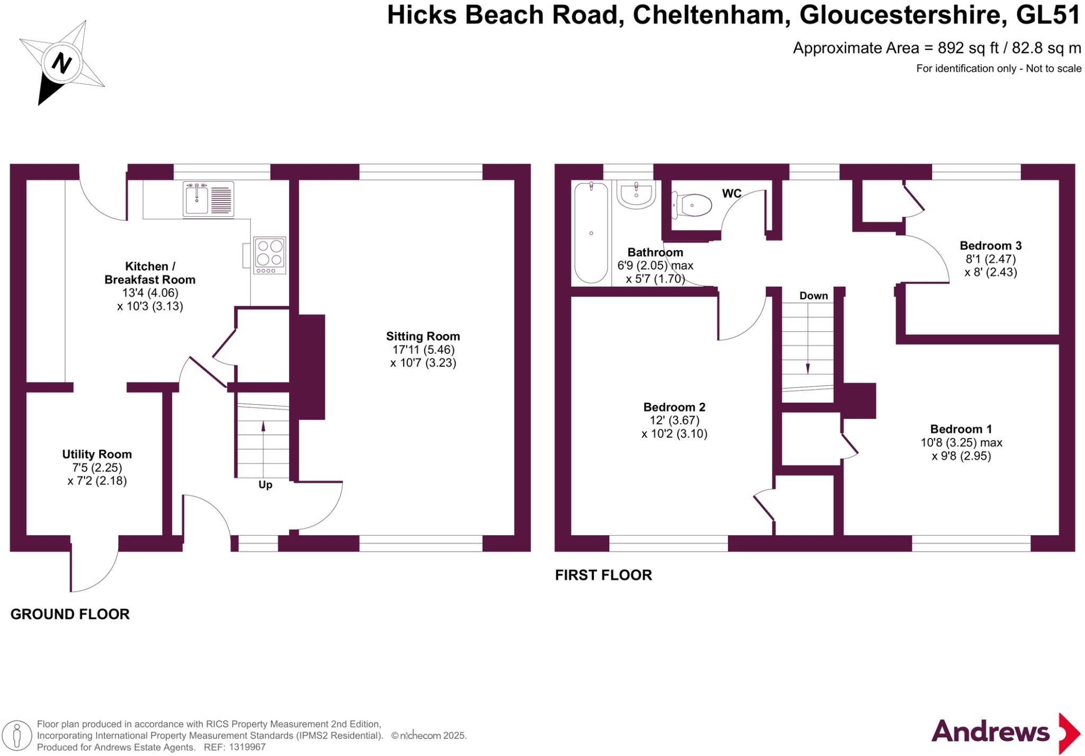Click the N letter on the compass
pyautogui.click(x=61, y=64)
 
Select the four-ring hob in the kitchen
pyautogui.click(x=270, y=255)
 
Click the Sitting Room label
pyautogui.click(x=423, y=336)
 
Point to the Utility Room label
pyautogui.click(x=97, y=455)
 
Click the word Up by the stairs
pyautogui.click(x=265, y=485)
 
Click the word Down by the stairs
pyautogui.click(x=813, y=296)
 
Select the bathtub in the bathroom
pyautogui.click(x=591, y=233)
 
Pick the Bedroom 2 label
pyautogui.click(x=674, y=407)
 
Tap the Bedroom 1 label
pyautogui.click(x=961, y=429)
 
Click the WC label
pyautogui.click(x=731, y=193)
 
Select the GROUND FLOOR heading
pyautogui.click(x=70, y=615)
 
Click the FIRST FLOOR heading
pyautogui.click(x=603, y=575)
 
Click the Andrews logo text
pyautogui.click(x=990, y=732)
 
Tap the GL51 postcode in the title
pyautogui.click(x=1047, y=15)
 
